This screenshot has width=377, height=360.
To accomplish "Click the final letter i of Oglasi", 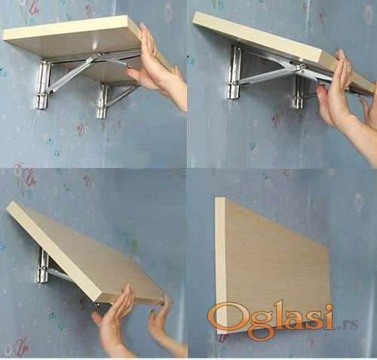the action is click(x=329, y=316).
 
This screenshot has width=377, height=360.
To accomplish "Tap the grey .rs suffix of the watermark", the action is click(x=348, y=325).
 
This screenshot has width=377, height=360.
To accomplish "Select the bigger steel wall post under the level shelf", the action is click(x=43, y=85).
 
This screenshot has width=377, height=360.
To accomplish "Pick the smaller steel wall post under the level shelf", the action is click(x=102, y=101).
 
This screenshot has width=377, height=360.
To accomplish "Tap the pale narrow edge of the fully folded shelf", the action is click(x=221, y=266).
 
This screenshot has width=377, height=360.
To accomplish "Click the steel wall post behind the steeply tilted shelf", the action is click(x=42, y=265).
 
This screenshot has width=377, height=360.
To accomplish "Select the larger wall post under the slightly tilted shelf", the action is click(x=235, y=72).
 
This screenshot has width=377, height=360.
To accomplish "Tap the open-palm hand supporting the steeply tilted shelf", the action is click(x=115, y=324).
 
